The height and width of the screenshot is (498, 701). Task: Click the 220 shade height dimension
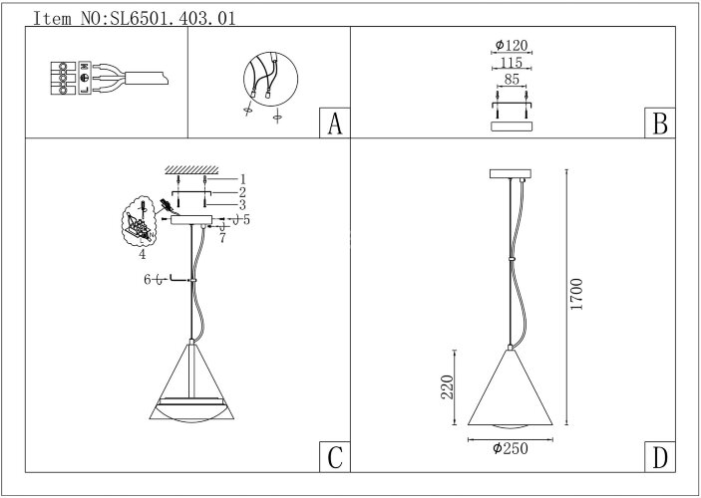449,386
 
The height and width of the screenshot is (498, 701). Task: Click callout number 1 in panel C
241,178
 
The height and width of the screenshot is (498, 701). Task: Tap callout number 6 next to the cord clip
148,281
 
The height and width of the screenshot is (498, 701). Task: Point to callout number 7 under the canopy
224,239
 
